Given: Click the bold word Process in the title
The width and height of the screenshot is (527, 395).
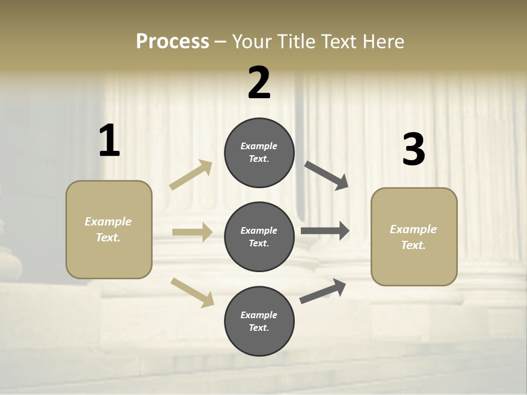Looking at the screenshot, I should pos(172,42).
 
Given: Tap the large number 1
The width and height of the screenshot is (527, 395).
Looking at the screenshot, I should pos(109,141).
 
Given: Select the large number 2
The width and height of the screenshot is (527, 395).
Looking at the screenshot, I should pos(259,83).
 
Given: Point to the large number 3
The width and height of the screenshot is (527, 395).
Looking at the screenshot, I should pos(413,149).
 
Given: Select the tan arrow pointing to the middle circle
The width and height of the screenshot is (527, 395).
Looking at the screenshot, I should pos(192,232).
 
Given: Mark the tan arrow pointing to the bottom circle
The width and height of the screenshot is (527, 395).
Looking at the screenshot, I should pos(193,292).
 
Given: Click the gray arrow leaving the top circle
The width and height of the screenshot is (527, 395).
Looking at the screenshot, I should pos(327,176).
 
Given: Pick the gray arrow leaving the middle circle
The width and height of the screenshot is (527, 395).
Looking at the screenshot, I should pos(325,231).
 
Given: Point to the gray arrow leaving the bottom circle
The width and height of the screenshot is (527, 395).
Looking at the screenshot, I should pos(323,291).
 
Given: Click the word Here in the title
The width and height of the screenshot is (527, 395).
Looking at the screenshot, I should pos(384,42).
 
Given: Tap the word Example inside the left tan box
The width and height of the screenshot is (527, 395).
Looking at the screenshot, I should pos(108,222).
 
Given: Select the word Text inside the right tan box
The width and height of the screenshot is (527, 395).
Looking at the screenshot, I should pos(413,245).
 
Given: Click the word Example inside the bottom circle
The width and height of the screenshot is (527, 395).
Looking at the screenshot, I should pos(259,315).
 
